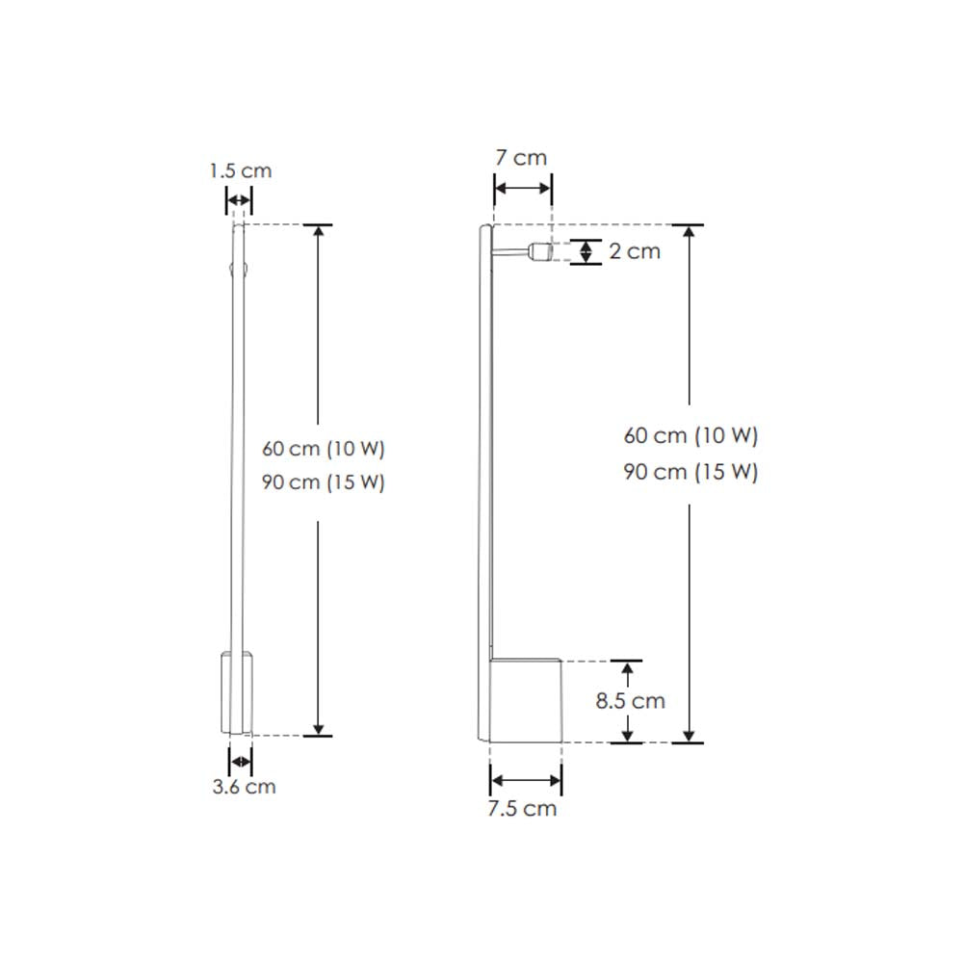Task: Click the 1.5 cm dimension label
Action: click(x=241, y=171)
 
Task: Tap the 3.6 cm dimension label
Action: click(x=244, y=787)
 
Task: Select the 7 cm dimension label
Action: click(x=521, y=158)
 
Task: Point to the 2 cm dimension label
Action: click(x=635, y=251)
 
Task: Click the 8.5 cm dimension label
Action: click(x=630, y=701)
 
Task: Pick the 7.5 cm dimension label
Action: click(x=522, y=808)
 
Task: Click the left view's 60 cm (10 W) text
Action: click(x=324, y=449)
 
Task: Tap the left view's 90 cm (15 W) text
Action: click(x=324, y=482)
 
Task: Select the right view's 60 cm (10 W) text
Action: click(x=691, y=435)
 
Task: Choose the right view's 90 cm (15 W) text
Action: click(x=691, y=472)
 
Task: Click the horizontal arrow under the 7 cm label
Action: click(x=523, y=189)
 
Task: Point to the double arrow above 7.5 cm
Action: click(x=526, y=780)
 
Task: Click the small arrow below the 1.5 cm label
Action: click(x=238, y=201)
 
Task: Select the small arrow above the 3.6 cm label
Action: click(x=241, y=762)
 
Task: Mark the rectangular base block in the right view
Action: click(x=526, y=701)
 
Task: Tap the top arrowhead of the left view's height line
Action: click(x=318, y=232)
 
